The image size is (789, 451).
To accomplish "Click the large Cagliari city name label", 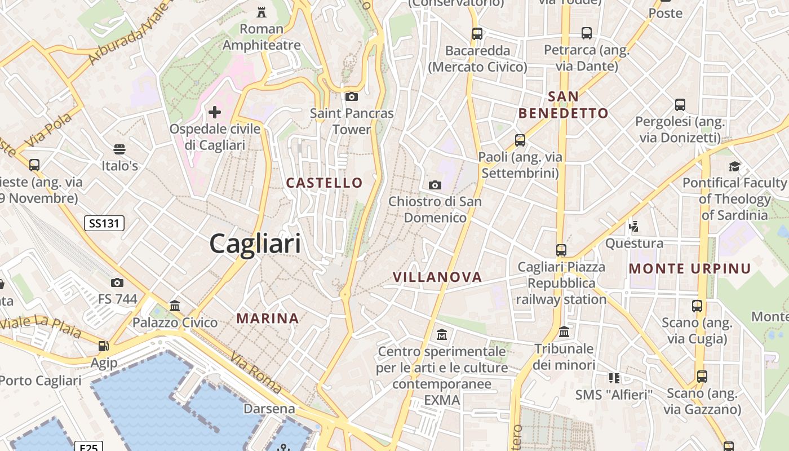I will click(255, 244).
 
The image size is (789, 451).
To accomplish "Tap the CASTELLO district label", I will click(324, 183).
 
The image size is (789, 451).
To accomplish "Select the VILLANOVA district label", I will click(437, 277).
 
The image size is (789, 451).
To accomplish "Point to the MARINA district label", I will click(268, 319).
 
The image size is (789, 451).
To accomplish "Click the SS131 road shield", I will click(104, 223).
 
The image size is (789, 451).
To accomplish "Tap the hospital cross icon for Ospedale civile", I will click(215, 112).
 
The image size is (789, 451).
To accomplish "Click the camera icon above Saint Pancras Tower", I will click(352, 96).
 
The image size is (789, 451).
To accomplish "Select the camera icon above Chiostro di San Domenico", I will click(435, 185).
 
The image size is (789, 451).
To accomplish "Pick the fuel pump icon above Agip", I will click(104, 346).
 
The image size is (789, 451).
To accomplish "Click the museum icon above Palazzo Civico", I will click(175, 306).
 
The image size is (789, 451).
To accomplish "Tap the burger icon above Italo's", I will click(119, 149).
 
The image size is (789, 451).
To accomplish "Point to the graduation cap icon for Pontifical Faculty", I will click(734, 166).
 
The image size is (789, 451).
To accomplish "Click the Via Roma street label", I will click(256, 373).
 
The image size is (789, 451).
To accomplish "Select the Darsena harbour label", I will click(269, 409).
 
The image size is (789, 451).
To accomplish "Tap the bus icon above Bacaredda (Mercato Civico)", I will click(477, 33).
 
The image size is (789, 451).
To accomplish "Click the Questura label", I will click(634, 244).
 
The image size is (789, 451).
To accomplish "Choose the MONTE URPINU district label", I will click(690, 268).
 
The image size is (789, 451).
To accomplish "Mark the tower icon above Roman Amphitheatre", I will click(261, 12).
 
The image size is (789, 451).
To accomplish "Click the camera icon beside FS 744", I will click(117, 282).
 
